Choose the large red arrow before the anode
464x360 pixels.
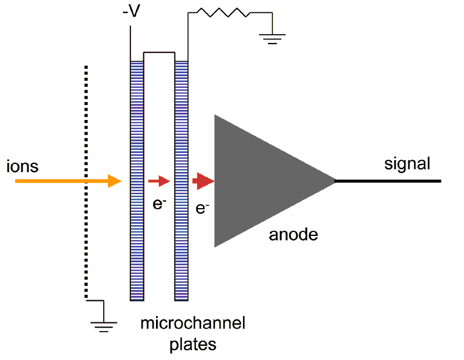click(x=203, y=181)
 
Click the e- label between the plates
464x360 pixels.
click(x=159, y=204)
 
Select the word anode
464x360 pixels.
click(x=293, y=235)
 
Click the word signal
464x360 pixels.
click(x=408, y=164)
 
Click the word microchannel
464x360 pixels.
click(x=193, y=323)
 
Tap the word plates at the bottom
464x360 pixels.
click(x=193, y=344)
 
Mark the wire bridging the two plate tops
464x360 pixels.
click(x=159, y=52)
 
